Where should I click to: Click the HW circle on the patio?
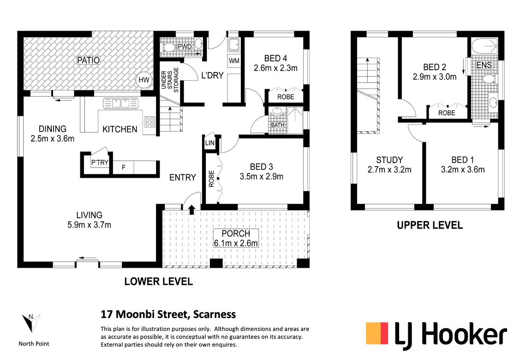[x=144, y=80]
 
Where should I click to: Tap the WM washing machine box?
[x=234, y=61]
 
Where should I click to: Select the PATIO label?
[x=88, y=60]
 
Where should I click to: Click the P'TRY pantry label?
[x=100, y=162]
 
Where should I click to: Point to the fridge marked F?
[x=123, y=167]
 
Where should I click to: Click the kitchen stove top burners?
[x=149, y=122]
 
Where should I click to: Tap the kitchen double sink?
[x=120, y=103]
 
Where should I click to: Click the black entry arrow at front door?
[x=191, y=210]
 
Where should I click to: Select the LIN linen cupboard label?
[x=210, y=143]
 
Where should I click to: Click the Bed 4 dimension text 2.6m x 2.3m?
[x=275, y=68]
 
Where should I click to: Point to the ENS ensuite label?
[x=484, y=65]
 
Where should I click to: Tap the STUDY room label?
[x=389, y=160]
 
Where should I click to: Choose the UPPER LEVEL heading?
[x=430, y=225]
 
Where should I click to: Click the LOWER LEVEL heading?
[x=159, y=282]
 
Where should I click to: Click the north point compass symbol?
[x=31, y=323]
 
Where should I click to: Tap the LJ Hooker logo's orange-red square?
[x=377, y=333]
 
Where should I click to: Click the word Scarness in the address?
[x=215, y=314]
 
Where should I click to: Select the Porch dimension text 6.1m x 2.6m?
[x=236, y=243]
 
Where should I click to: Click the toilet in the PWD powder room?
[x=168, y=48]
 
